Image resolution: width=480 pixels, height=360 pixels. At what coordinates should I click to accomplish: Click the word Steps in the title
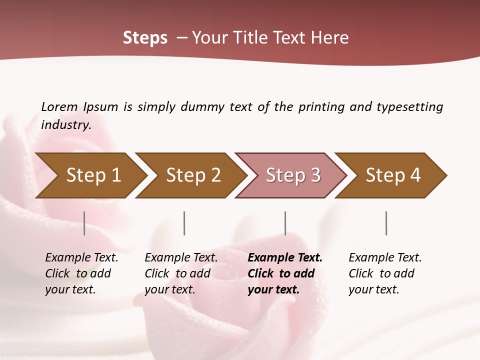(145, 38)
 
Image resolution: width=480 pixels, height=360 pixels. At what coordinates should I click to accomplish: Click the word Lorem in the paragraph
(59, 106)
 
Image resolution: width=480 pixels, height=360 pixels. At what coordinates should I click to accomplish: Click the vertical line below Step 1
(84, 223)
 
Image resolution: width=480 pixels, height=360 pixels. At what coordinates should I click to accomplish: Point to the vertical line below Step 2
(184, 223)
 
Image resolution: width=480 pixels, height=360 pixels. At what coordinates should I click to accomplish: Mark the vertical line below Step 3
(285, 223)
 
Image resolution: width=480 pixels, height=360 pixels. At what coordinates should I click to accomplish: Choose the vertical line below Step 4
(386, 223)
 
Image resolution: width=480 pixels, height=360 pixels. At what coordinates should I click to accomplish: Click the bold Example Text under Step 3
(285, 258)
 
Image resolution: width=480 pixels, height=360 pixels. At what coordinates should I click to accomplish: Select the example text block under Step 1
(81, 273)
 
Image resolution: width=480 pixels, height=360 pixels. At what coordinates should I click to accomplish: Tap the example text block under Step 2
(181, 273)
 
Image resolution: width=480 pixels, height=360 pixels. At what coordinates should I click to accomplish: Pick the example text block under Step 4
(385, 273)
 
